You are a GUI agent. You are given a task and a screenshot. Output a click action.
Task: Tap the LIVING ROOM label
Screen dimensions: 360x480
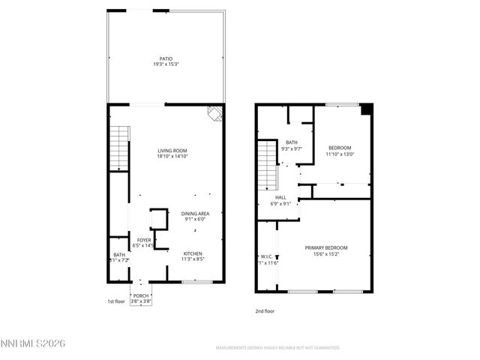coord(172,151)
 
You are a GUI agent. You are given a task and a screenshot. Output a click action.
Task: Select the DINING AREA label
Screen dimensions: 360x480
coord(195,214)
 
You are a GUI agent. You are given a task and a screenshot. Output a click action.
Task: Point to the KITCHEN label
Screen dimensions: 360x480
coord(193,253)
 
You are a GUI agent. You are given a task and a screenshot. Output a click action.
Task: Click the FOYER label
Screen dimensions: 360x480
coord(142,240)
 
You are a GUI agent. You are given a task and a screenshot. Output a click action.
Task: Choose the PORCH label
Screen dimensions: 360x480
coord(141,295)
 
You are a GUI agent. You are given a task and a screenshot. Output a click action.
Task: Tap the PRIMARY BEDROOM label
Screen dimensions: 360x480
coord(325,247)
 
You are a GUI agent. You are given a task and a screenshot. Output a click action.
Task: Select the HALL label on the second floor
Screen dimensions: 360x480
coord(280,198)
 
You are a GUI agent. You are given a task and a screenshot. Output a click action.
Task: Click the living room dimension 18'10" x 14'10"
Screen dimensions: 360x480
coord(172,157)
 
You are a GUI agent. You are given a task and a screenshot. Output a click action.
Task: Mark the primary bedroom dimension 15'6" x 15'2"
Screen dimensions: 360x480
coord(325,253)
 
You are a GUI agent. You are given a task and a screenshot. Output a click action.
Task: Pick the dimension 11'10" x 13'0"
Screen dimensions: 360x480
coord(340,154)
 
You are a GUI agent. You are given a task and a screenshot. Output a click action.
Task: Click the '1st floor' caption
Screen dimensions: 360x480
coord(115,301)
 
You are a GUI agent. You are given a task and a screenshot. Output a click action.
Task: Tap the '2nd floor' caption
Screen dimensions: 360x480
coord(264,310)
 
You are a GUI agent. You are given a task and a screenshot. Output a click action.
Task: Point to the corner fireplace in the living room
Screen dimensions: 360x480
coord(215,114)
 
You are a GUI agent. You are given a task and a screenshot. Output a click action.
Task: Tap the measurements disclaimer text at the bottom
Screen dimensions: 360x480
coord(277,348)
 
